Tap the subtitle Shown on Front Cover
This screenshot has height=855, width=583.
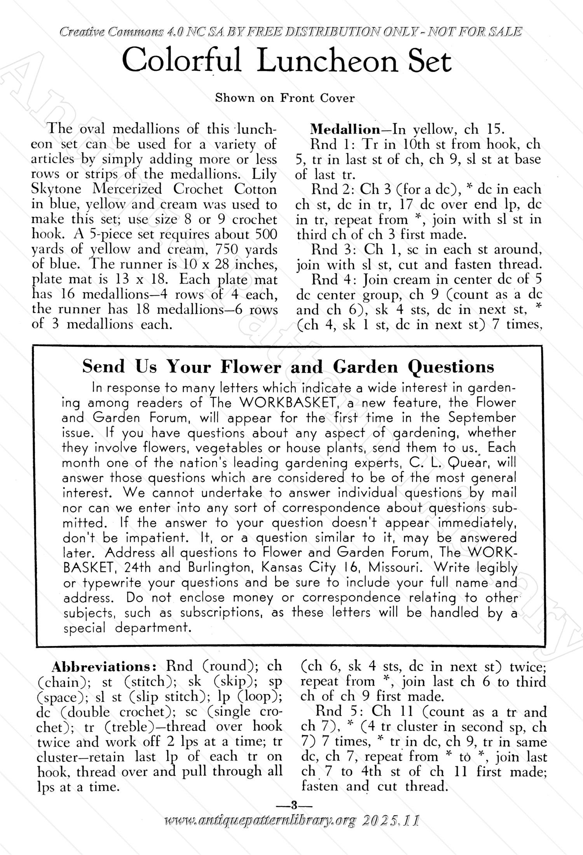coord(285,98)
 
